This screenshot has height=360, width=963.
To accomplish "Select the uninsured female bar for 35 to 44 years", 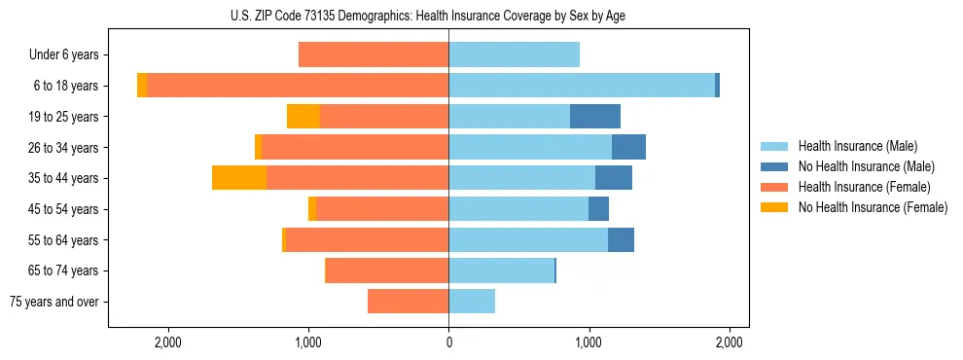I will (239, 178).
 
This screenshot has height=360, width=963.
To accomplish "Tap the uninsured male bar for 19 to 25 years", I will (595, 117).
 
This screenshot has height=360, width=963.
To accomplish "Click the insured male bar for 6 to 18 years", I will (582, 86).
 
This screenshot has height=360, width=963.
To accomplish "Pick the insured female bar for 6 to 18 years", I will (298, 86).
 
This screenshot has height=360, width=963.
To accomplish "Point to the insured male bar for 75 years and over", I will (472, 302).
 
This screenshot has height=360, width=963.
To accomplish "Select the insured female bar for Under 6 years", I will (374, 54).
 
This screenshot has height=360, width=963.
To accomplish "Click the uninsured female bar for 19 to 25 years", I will (303, 117).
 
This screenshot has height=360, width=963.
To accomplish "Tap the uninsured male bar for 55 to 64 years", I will (621, 239).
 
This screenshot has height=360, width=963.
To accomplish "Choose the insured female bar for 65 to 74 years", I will (387, 270).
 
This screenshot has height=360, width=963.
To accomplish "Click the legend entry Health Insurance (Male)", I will (857, 146).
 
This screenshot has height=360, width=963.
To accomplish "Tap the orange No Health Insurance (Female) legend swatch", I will (775, 207).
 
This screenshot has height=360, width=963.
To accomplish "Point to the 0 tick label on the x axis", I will (448, 342).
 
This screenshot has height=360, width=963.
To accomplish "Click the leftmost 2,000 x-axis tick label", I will (168, 342).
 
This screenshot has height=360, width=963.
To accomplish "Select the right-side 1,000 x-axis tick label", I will (588, 342).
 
